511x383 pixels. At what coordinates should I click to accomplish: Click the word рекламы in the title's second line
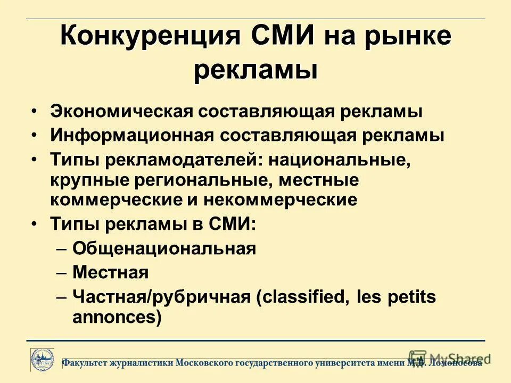coord(256,71)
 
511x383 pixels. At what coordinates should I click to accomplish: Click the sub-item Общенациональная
coord(164,248)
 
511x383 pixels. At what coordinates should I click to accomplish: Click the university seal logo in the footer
coord(42,360)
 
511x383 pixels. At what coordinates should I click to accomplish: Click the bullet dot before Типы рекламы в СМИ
coord(34,224)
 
